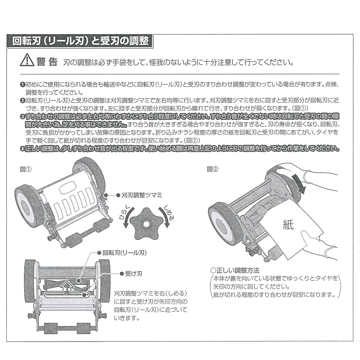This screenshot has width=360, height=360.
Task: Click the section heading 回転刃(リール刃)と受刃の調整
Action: point(81,41)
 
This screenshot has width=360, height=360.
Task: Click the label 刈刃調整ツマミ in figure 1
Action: point(141,195)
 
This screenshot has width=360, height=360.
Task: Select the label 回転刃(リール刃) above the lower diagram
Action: point(124,253)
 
